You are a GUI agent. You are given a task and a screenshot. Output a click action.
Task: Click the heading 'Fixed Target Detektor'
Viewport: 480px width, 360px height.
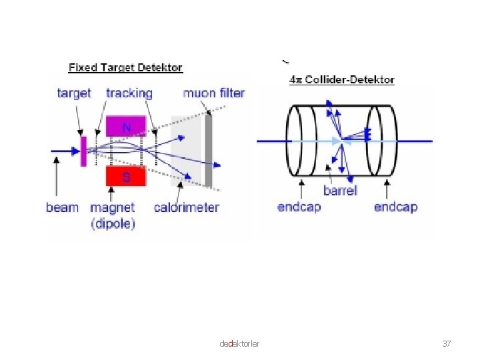click(125, 67)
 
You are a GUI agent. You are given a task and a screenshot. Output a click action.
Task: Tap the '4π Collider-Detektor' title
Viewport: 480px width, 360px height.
click(341, 80)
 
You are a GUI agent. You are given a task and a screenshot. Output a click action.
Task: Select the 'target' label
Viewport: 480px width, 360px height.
click(74, 93)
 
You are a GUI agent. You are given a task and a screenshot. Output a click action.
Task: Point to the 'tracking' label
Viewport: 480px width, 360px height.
click(129, 93)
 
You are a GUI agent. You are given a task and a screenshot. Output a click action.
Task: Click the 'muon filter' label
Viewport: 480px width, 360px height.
click(214, 93)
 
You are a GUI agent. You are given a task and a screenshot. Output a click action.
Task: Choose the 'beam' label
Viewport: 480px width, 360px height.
click(62, 208)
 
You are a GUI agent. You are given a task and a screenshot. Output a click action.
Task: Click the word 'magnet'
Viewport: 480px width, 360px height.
click(113, 208)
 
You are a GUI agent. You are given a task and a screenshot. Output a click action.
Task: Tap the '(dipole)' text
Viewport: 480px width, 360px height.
click(113, 223)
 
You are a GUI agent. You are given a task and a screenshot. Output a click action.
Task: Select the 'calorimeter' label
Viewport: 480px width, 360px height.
click(186, 208)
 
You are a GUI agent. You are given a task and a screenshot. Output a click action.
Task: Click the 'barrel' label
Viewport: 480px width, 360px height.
click(340, 191)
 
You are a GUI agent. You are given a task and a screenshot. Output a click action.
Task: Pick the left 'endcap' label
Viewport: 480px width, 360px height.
click(299, 207)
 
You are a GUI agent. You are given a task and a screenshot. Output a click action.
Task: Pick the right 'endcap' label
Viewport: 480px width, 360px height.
click(395, 207)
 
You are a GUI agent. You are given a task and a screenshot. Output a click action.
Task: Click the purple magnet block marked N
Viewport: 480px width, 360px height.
click(126, 125)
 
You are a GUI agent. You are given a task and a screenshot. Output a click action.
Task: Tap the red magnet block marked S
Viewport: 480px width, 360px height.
click(126, 177)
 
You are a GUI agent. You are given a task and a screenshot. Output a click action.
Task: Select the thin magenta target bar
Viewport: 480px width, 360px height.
click(83, 151)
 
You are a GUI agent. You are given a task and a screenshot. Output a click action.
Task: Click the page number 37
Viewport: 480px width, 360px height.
click(447, 343)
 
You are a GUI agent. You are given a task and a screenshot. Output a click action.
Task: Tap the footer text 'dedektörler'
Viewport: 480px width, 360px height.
click(239, 343)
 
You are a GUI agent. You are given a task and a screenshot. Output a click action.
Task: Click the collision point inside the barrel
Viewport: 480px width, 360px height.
click(341, 141)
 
